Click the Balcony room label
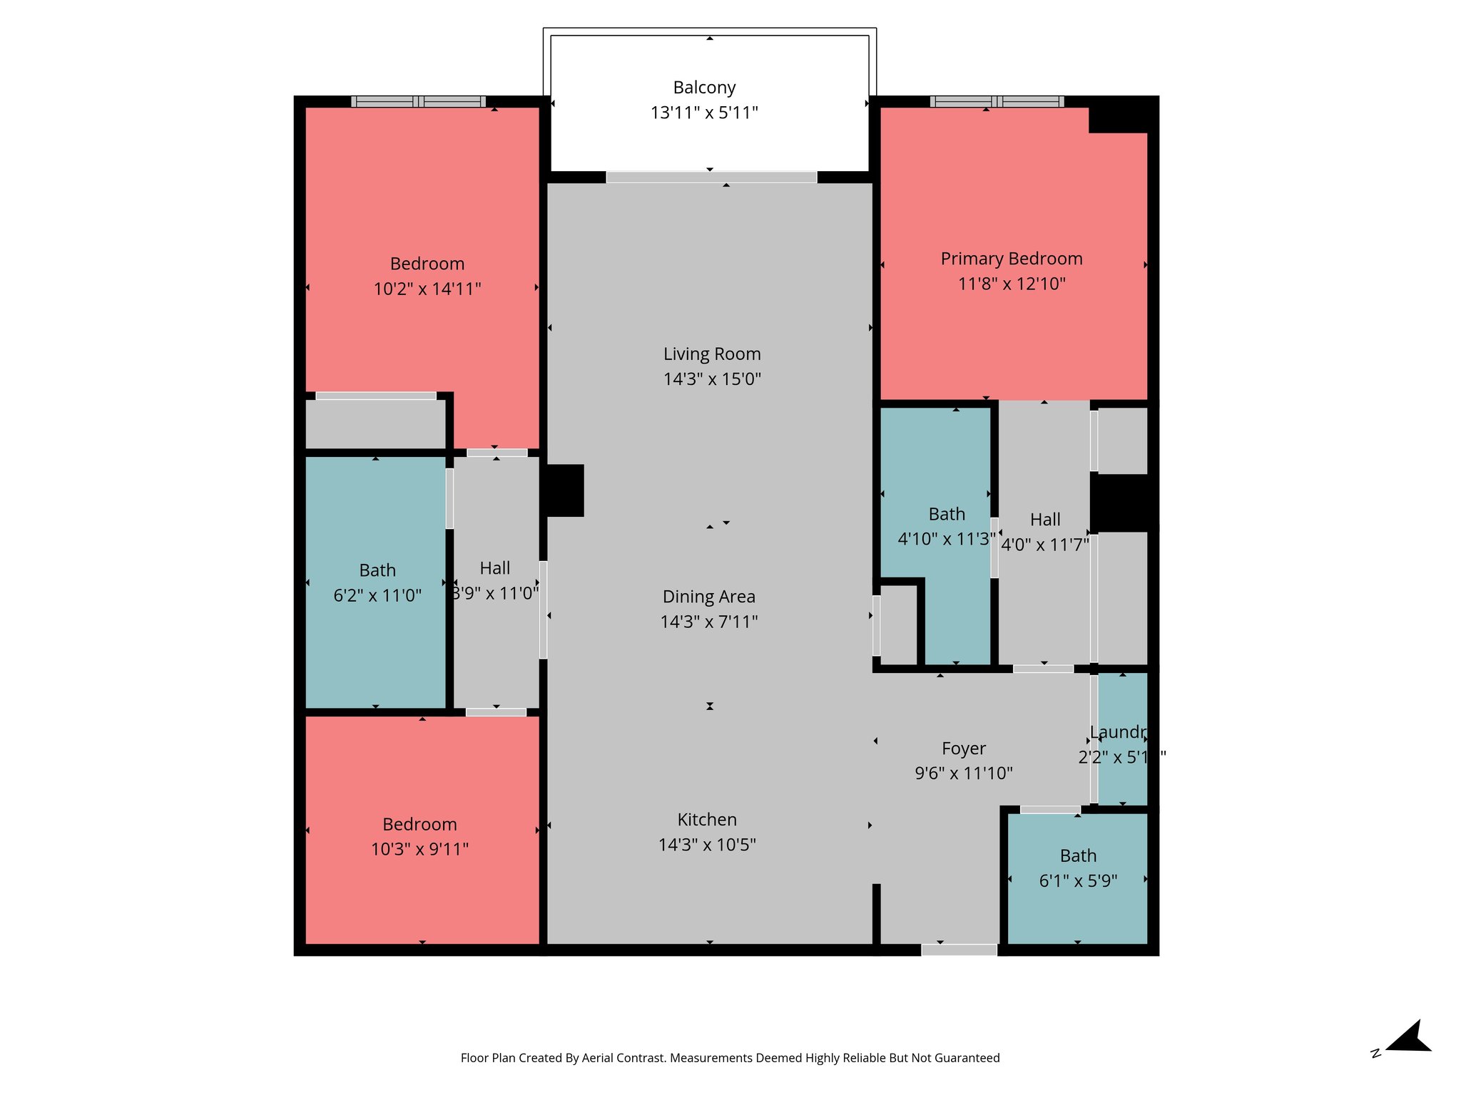coord(704,88)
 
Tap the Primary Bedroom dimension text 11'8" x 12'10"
coord(1011,284)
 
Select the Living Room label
coord(712,354)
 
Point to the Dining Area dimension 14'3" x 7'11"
coord(708,622)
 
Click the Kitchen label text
coord(707,820)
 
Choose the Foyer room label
coord(963,749)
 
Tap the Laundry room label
coord(1118,732)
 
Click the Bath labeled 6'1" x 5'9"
coord(1077,856)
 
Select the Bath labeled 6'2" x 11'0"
coord(377,571)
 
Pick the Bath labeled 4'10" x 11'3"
coord(946,515)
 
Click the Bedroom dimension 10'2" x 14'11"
coord(427,289)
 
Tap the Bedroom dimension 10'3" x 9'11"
coord(419,849)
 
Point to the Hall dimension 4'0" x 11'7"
coord(1044,545)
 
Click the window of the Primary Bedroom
coord(997,102)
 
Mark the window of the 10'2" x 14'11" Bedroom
coord(418,102)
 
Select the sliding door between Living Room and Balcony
coord(711,177)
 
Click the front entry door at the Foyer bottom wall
coord(959,950)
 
